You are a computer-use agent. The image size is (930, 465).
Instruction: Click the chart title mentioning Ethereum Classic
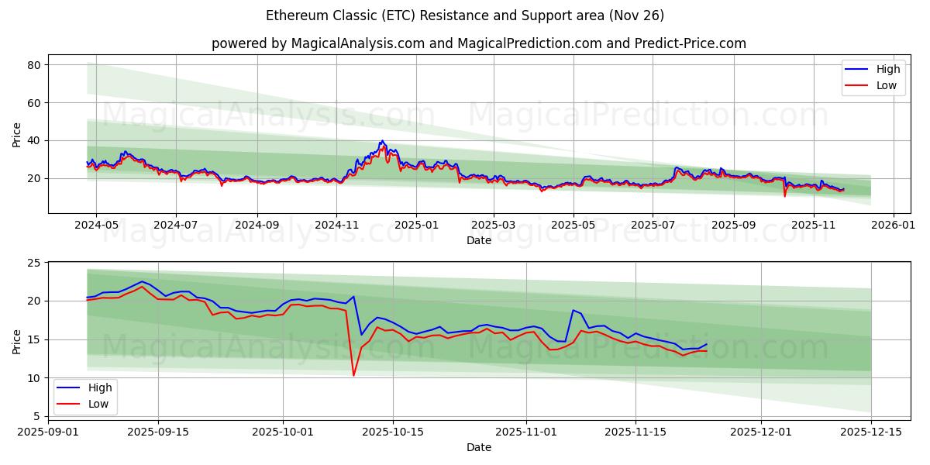(465, 15)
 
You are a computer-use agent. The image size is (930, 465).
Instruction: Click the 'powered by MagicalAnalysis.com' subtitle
(478, 43)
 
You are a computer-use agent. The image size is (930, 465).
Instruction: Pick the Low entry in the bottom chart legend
(98, 404)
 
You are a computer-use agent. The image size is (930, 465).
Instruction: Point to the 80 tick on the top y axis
(34, 65)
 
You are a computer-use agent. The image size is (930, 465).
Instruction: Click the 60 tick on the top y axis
(34, 103)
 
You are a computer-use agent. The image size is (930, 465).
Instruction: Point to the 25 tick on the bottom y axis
(34, 263)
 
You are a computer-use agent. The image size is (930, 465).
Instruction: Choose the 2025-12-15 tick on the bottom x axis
(871, 432)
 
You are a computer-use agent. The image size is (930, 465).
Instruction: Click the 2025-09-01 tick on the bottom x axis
(48, 432)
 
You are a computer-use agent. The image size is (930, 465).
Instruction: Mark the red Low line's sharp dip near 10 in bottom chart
(353, 376)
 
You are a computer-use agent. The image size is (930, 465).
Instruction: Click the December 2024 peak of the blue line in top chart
(382, 141)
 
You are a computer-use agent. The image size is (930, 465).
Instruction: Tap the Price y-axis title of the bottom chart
(17, 341)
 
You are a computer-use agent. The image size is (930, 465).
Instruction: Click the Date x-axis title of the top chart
(478, 240)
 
